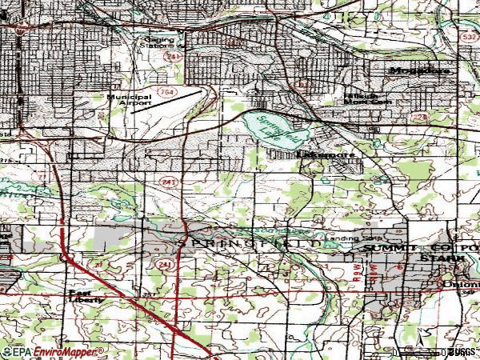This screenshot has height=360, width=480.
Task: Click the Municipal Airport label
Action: point(130,100)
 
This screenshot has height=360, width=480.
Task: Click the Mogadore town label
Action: point(420,70)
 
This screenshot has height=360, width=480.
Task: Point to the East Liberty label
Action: point(86,297)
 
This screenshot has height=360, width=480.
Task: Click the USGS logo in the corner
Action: point(462,351)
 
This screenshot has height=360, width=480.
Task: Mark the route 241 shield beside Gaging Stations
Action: point(169,57)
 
